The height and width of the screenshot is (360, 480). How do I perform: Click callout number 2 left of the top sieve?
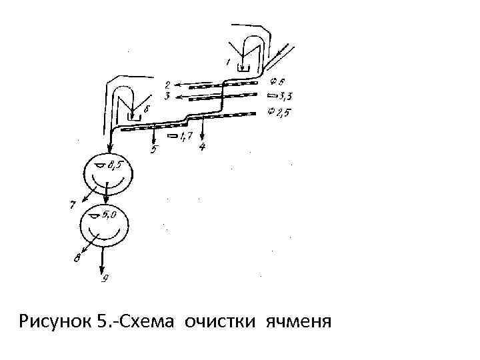pyautogui.click(x=168, y=85)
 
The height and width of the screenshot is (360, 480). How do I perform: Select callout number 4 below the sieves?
pyautogui.click(x=203, y=147)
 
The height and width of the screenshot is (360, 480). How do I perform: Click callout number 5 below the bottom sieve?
pyautogui.click(x=154, y=149)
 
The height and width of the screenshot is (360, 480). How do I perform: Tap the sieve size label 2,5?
pyautogui.click(x=283, y=112)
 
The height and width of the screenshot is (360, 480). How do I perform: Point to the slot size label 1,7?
pyautogui.click(x=186, y=136)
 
